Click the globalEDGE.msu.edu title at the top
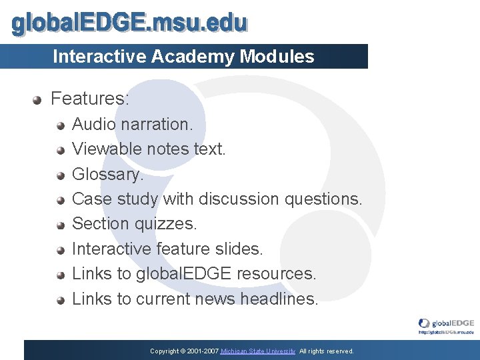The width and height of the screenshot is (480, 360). coord(129,24)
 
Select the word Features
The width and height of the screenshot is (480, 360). coord(90,99)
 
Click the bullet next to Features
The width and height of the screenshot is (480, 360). coord(38,100)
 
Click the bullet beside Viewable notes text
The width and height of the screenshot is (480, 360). coord(60,150)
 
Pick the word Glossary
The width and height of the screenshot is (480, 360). coord(107,175)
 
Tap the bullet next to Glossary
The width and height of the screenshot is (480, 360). coord(60,175)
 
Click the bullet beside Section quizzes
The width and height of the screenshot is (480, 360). coord(60,225)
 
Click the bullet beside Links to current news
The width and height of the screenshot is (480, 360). coord(60,300)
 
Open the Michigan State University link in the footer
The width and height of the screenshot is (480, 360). coord(258,351)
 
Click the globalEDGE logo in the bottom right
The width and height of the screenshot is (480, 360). coord(446,324)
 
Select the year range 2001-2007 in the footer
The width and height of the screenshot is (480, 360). coord(199,351)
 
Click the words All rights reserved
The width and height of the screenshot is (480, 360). coord(327,351)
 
